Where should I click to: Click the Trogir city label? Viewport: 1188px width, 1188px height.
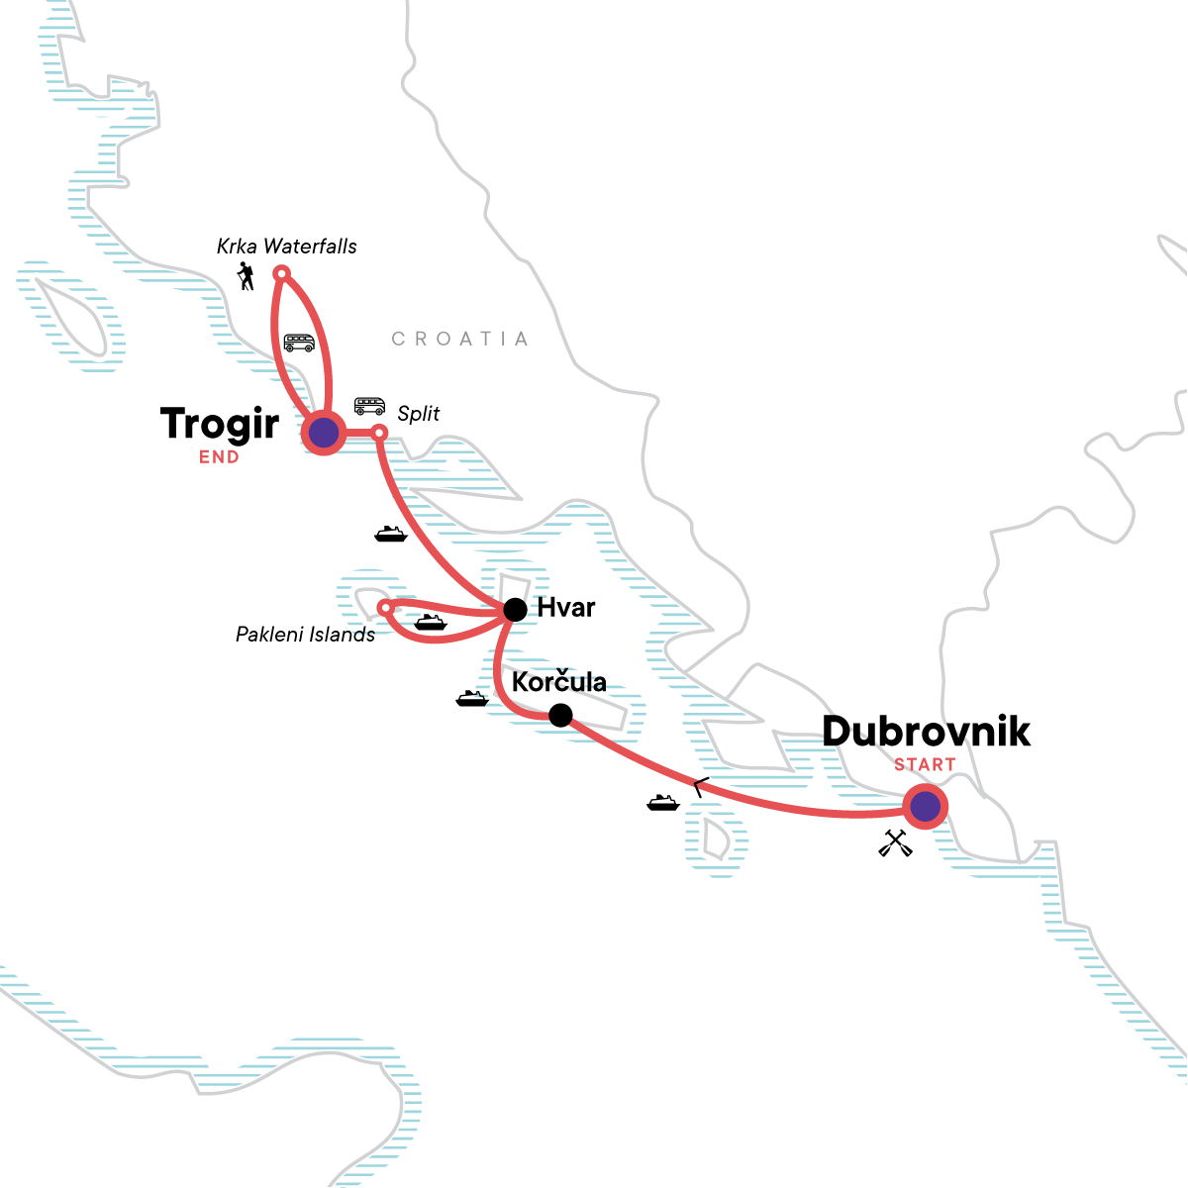pos(220,425)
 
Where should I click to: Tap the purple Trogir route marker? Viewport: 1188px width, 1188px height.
pos(323,433)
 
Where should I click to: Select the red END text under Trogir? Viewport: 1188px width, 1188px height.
pos(219,457)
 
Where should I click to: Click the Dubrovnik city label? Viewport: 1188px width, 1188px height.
pos(926,732)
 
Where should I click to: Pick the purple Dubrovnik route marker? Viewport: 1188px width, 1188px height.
pos(925,807)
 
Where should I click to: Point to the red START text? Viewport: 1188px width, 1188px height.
pos(925,764)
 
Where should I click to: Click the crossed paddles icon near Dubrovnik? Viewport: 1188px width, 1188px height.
pos(895,842)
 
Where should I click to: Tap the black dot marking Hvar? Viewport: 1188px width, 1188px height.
pos(515,610)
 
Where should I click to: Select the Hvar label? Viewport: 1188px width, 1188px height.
pos(566,608)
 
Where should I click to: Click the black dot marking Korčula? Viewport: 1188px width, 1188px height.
pos(560,715)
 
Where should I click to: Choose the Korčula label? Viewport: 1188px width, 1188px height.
pos(558,682)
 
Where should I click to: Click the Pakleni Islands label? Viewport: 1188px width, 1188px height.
pos(305,635)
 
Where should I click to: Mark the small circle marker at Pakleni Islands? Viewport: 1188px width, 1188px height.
pos(385,607)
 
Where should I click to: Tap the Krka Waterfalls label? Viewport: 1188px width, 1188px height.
pos(287,247)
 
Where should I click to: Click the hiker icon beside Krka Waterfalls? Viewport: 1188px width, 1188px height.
pos(247,277)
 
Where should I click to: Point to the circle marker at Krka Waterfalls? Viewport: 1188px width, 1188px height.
pos(280,273)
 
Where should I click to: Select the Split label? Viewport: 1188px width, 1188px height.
pos(418,414)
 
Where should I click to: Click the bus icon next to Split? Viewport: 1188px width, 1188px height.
pos(369,406)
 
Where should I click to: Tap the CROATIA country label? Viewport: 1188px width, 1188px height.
pos(459,340)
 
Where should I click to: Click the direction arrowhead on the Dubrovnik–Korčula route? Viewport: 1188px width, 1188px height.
pos(699,788)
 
